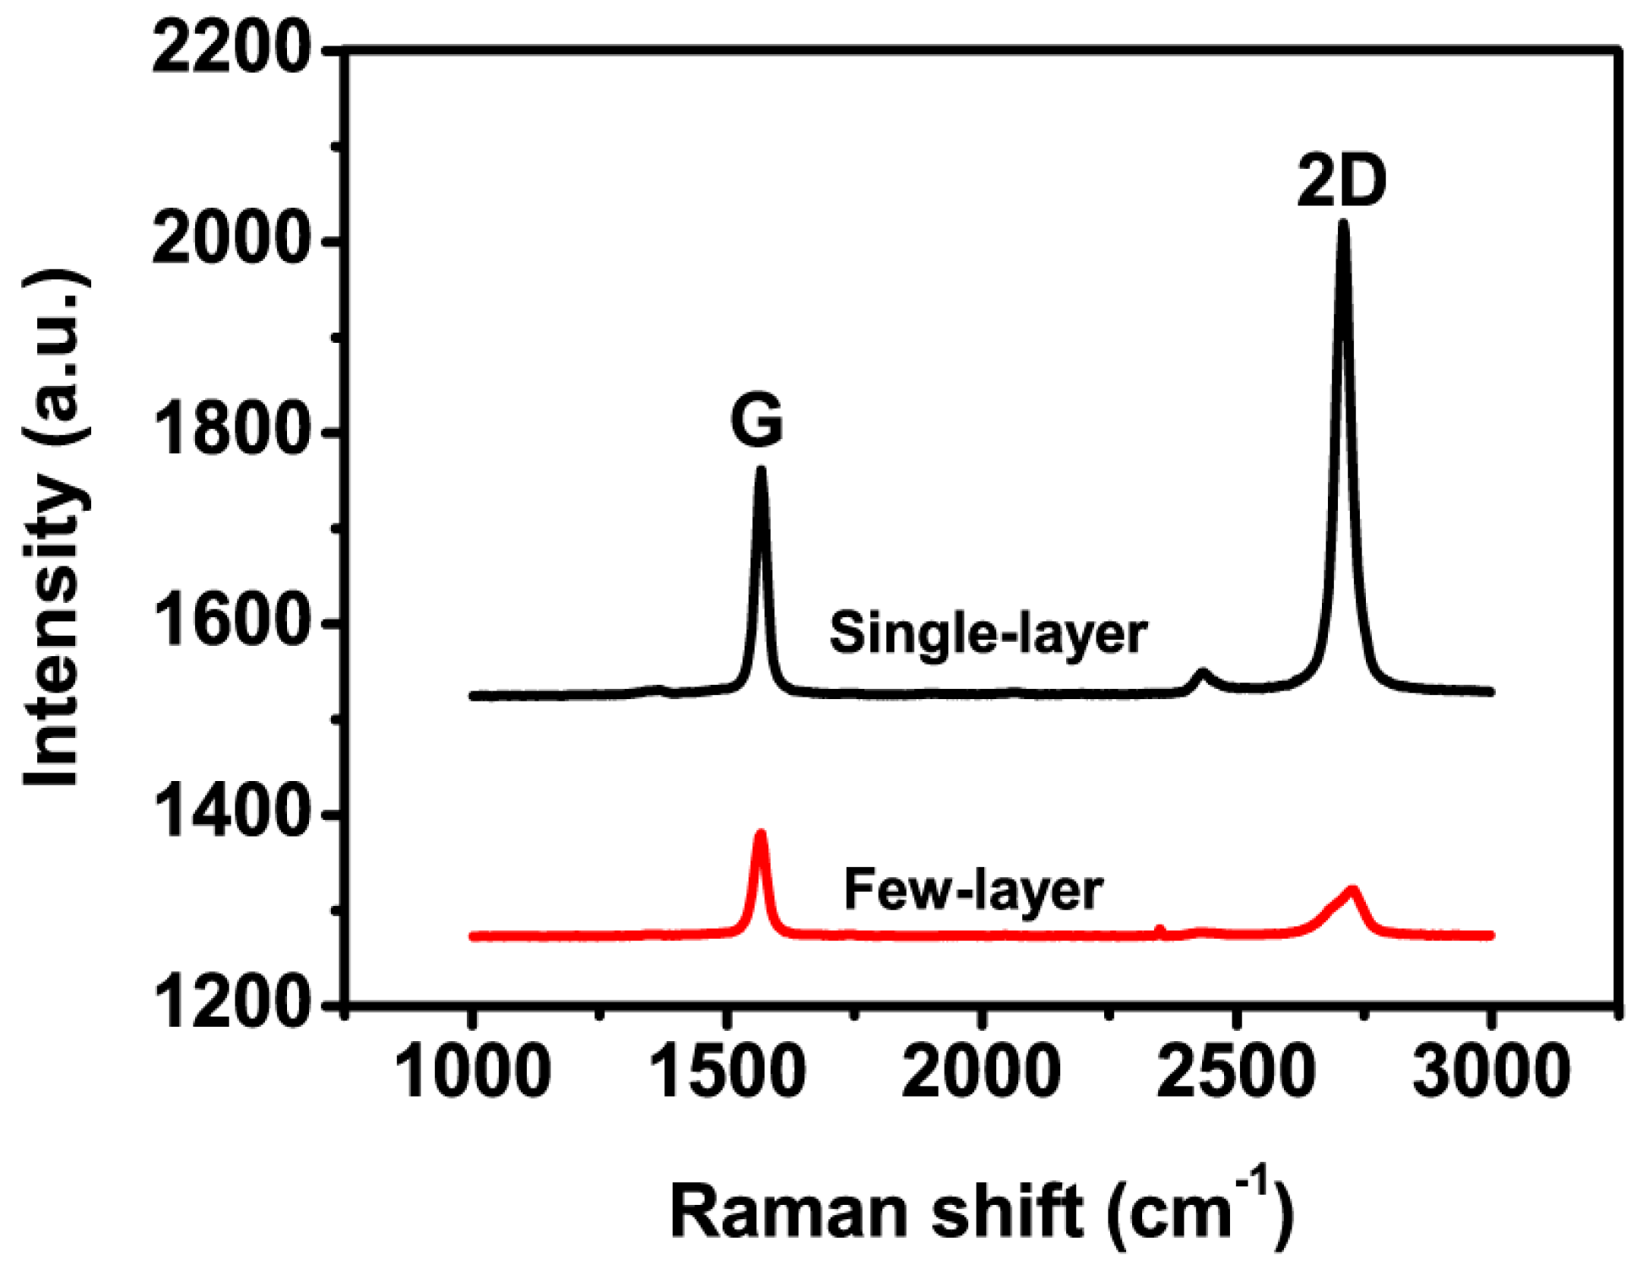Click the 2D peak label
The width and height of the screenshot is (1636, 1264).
[x=1341, y=182]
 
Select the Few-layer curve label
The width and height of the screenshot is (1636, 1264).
[x=973, y=889]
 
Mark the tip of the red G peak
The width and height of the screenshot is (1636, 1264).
[x=761, y=833]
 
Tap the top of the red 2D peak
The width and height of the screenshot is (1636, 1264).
[x=1352, y=890]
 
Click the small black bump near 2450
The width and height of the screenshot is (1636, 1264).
[x=1203, y=673]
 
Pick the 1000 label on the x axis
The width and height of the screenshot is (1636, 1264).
[x=472, y=1071]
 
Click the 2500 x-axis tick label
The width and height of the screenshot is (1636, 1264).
[x=1235, y=1071]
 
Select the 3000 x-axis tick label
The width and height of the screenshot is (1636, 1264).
[x=1491, y=1071]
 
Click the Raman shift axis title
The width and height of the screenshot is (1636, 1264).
[x=982, y=1209]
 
